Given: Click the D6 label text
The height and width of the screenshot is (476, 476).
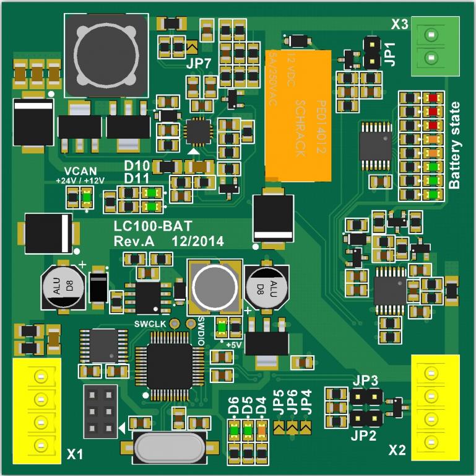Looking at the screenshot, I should (233, 407).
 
